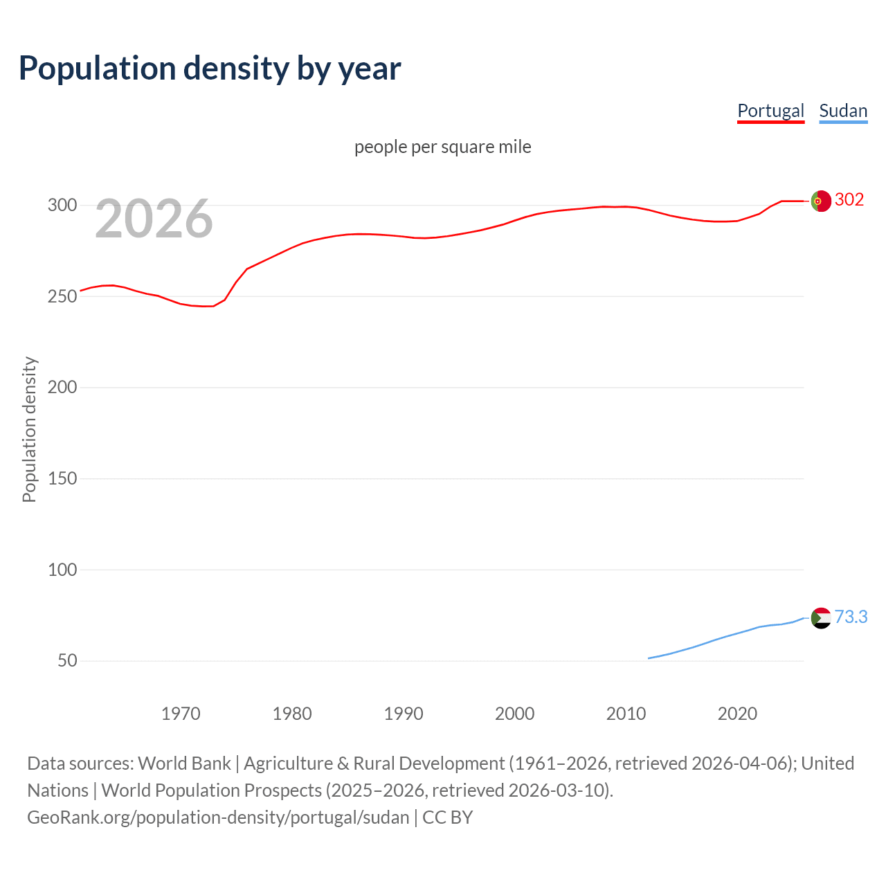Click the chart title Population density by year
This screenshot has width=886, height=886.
click(x=210, y=69)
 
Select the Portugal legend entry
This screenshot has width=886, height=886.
click(x=770, y=111)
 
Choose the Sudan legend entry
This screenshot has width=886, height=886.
click(x=843, y=111)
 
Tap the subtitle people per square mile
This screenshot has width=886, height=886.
click(x=442, y=147)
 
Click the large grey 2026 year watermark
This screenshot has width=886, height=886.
click(x=154, y=219)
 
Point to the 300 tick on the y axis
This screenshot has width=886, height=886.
click(x=62, y=205)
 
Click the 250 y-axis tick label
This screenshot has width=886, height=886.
click(x=62, y=296)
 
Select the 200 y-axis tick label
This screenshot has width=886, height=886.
click(x=62, y=387)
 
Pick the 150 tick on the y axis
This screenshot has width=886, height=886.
click(x=62, y=478)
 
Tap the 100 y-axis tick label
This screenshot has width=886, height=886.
click(x=62, y=570)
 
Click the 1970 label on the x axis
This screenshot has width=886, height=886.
click(x=181, y=714)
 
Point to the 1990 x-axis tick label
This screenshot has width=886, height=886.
click(x=404, y=714)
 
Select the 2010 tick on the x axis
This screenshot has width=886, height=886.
click(x=626, y=714)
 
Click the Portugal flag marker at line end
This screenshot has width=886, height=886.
click(x=820, y=201)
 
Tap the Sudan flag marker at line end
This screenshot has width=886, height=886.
click(x=820, y=617)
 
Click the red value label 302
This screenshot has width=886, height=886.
click(x=849, y=200)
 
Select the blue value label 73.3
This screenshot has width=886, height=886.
click(x=851, y=617)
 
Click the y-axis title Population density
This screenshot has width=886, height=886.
click(x=29, y=429)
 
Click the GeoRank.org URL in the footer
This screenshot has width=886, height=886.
click(x=218, y=817)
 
